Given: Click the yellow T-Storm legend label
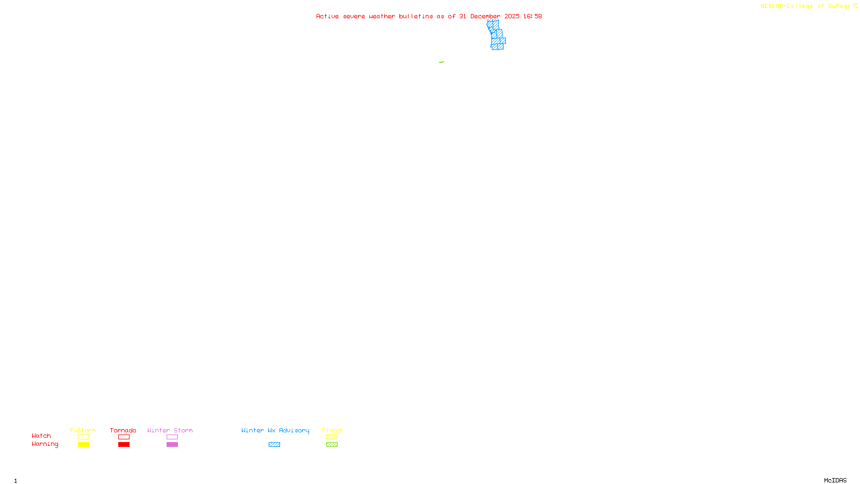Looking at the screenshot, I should click(x=83, y=430).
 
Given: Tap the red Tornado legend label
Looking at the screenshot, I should click(x=123, y=430).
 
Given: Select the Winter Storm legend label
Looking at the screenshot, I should click(x=170, y=430).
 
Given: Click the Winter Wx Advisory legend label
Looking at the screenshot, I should click(x=275, y=430).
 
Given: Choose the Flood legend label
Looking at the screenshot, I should click(x=332, y=430).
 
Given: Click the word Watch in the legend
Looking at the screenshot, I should click(x=41, y=436).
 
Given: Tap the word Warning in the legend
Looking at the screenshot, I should click(x=45, y=444).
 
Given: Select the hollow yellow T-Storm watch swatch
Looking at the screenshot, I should click(x=83, y=437).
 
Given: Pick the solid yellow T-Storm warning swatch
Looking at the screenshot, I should click(x=83, y=445).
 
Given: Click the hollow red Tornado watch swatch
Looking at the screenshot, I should click(x=124, y=437).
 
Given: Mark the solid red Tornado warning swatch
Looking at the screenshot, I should click(x=124, y=445).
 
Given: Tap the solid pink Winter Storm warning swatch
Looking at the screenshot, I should click(x=172, y=445).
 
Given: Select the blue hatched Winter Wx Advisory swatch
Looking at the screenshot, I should click(x=274, y=445).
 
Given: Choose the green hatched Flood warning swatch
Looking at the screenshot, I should click(x=332, y=445).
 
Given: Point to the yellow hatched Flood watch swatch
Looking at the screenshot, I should click(x=332, y=437).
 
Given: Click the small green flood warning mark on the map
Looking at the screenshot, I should click(x=441, y=62).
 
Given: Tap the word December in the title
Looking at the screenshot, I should click(x=485, y=16).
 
